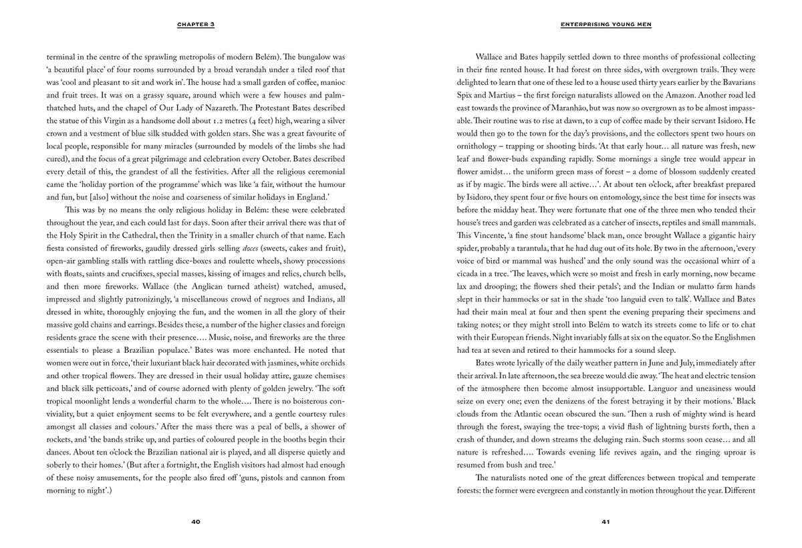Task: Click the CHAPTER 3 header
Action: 196,25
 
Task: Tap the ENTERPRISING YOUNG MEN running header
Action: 606,25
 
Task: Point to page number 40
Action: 196,521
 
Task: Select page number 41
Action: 606,521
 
